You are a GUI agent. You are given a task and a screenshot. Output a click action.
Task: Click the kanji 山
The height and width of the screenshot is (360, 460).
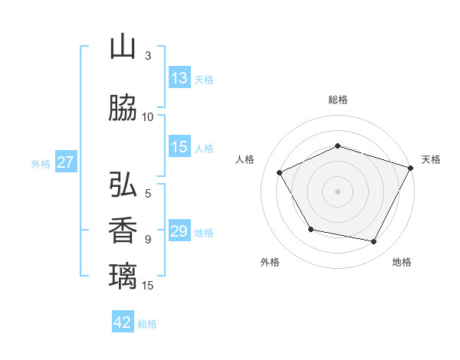click(x=123, y=47)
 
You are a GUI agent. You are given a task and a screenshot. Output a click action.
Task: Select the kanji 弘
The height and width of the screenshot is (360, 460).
click(x=123, y=185)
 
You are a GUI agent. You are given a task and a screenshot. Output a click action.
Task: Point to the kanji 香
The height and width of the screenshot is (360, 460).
click(x=123, y=230)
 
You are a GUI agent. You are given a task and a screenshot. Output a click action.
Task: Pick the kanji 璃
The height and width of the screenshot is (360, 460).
click(x=123, y=275)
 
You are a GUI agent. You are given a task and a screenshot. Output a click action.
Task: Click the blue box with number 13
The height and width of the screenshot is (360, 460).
click(x=179, y=78)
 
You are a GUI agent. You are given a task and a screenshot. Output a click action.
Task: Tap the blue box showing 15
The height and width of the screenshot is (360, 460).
click(x=179, y=148)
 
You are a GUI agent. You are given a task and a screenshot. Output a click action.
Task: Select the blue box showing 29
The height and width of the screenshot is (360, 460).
click(x=179, y=231)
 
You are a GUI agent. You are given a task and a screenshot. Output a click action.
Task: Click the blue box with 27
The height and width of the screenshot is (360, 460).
click(x=66, y=162)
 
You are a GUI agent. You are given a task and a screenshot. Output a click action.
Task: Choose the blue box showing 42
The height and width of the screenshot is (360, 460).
click(x=123, y=322)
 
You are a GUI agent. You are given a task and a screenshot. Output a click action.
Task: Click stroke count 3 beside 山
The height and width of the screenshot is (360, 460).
click(x=148, y=56)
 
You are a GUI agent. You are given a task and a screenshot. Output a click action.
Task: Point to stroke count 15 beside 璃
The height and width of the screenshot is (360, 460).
click(x=148, y=286)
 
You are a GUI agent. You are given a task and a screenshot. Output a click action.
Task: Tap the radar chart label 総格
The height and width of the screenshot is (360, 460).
click(x=337, y=100)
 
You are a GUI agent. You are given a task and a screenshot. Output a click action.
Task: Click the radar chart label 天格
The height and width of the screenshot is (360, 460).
click(x=431, y=159)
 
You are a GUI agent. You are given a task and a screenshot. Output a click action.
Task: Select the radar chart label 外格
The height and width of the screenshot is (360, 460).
click(x=270, y=262)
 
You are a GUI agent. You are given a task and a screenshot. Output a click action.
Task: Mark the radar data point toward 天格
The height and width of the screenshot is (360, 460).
click(x=411, y=167)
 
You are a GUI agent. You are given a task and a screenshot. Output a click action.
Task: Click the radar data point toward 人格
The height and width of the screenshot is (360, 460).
click(x=279, y=172)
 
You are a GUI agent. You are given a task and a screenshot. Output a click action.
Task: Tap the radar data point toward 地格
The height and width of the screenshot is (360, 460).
click(x=374, y=242)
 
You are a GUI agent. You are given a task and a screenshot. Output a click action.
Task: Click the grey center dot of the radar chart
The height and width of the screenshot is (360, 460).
click(x=337, y=191)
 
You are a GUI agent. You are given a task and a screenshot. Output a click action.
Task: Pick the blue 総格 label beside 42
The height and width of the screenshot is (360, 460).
click(x=147, y=323)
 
